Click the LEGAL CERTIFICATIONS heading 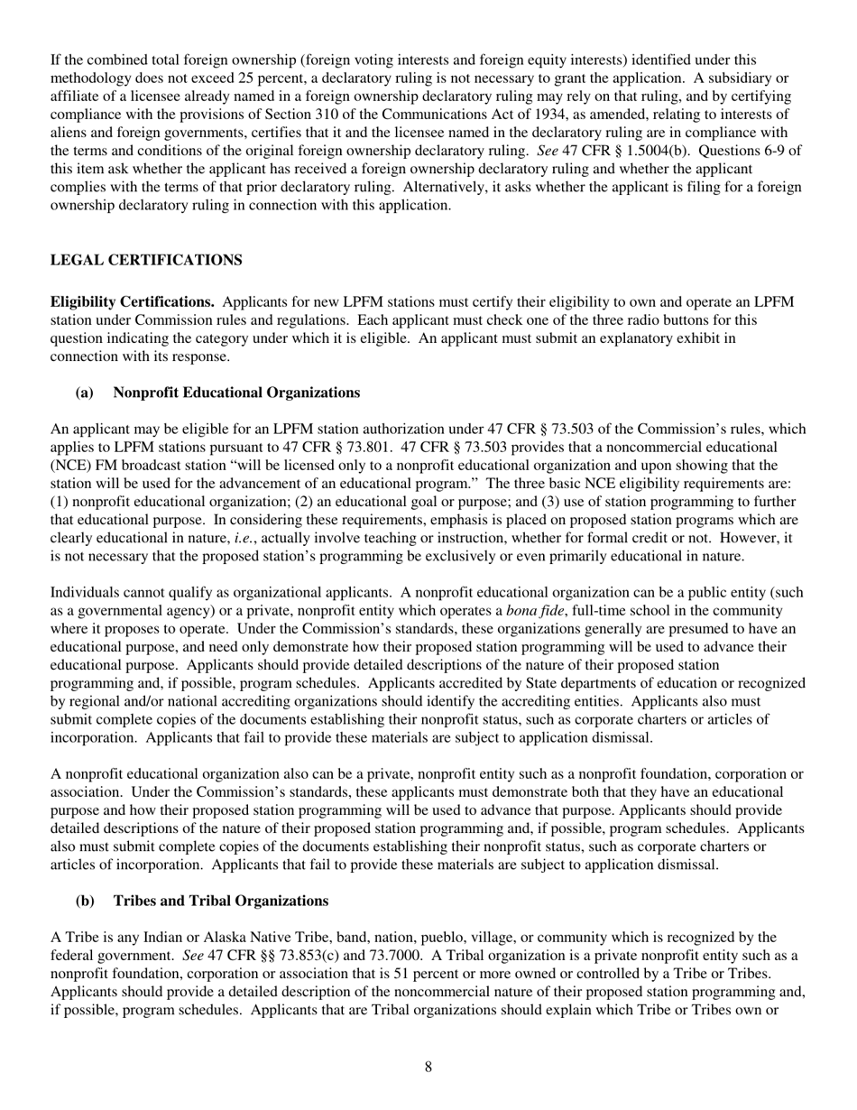(146, 260)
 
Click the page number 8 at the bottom (428, 1068)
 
